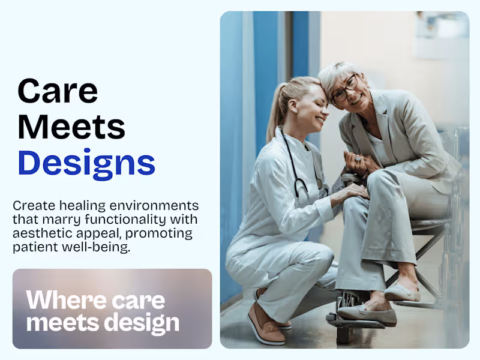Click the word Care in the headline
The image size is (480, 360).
pos(58,91)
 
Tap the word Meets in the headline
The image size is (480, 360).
pos(71,127)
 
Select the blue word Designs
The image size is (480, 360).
pos(86,163)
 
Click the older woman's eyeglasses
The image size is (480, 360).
pos(344,88)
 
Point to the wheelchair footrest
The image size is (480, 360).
pos(354,322)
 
